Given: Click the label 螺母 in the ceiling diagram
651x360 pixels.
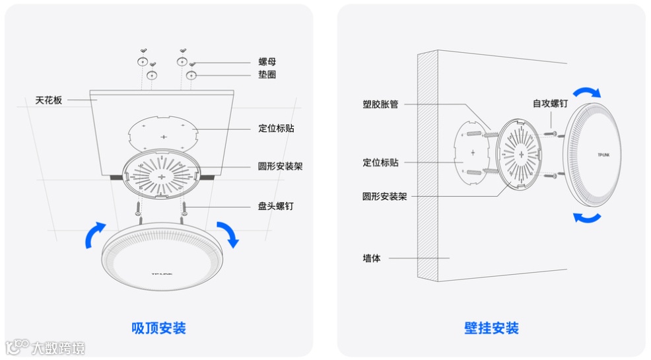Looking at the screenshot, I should [x=267, y=61].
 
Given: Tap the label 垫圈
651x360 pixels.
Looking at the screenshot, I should [x=267, y=75].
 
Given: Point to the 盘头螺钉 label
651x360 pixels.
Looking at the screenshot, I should [x=275, y=206].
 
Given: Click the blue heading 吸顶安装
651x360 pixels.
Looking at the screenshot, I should [x=159, y=328].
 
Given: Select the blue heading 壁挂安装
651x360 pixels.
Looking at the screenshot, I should [x=491, y=328].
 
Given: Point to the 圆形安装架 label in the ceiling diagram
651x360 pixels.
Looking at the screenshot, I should [x=280, y=166].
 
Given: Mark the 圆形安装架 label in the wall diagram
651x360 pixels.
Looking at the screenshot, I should [x=384, y=196].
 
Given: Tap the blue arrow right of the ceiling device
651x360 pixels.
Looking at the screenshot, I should [x=228, y=234].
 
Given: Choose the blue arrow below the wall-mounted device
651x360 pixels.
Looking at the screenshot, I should [x=586, y=217].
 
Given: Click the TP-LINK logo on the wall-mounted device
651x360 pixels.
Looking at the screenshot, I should [x=604, y=156].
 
